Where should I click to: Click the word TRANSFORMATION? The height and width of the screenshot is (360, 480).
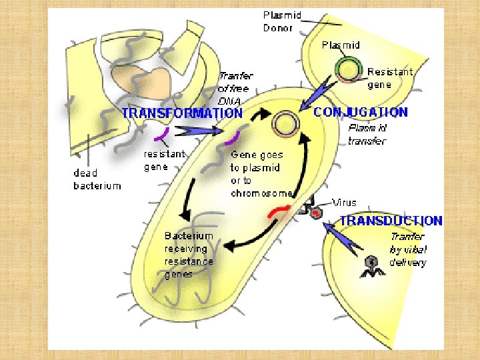181,113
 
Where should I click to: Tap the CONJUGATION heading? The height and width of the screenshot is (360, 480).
361,112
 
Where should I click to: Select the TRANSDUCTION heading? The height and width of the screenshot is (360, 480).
391,221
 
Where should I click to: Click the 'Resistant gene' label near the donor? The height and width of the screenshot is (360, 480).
390,77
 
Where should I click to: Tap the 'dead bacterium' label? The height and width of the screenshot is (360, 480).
97,179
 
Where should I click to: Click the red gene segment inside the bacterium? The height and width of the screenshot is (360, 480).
278,213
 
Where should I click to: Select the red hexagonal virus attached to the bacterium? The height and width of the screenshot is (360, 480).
315,213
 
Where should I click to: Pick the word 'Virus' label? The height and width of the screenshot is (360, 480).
345,202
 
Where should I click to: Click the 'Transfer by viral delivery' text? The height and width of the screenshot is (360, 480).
407,249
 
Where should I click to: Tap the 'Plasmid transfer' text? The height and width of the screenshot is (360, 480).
367,134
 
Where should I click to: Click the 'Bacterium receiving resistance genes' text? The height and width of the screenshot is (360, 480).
189,255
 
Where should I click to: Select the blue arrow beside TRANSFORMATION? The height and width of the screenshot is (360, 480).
199,131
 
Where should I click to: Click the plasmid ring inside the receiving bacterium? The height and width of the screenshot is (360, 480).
287,123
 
